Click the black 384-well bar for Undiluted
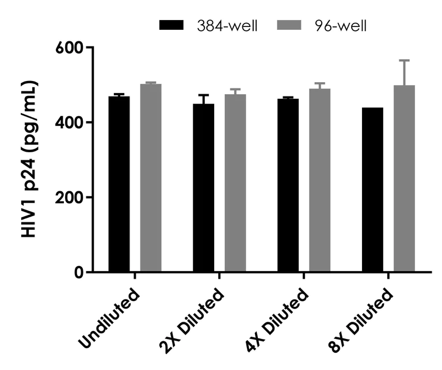point(119,184)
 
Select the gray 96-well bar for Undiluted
point(151,178)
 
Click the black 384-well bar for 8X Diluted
point(373,190)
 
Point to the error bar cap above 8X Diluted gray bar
point(405,60)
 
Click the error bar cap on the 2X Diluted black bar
point(204,95)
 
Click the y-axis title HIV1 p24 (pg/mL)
point(29,159)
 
